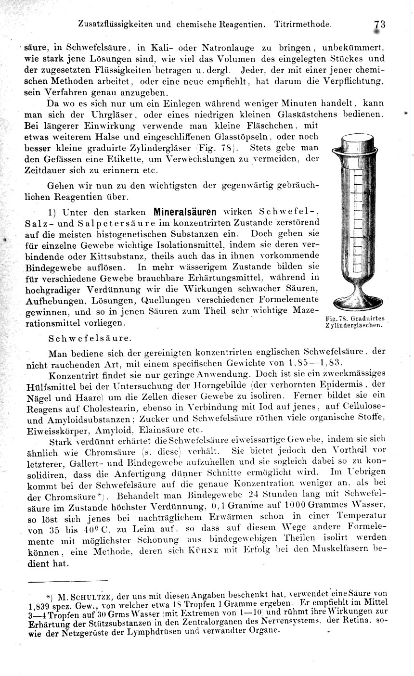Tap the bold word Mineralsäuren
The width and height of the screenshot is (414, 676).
tap(185, 211)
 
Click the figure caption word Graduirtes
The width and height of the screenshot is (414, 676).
tap(367, 318)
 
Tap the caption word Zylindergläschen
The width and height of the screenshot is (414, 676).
tap(354, 325)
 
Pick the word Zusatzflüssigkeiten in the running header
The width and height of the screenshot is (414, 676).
tap(117, 24)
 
